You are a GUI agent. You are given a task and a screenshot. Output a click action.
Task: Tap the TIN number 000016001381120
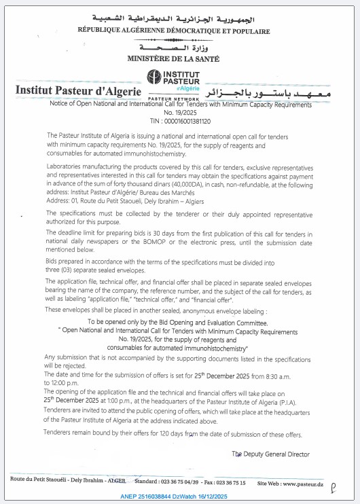185,121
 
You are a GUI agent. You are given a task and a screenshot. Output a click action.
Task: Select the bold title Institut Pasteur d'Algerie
78,90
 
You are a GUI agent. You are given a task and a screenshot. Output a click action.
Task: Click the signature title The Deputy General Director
270,454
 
